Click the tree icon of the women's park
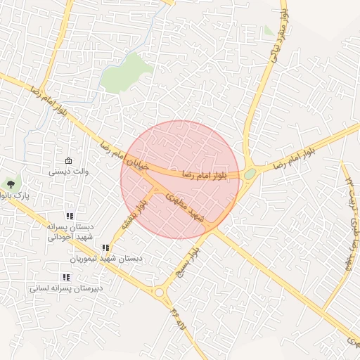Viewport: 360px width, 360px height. click(11, 184)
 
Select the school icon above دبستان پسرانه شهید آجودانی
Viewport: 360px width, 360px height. click(69, 217)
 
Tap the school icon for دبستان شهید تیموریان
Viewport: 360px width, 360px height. click(105, 248)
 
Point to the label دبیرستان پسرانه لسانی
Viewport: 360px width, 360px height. click(66, 288)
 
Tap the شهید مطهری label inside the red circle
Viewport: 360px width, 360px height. click(188, 210)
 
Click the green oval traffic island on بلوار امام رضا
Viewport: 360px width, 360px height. click(250, 174)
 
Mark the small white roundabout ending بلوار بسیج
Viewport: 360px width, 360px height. click(160, 292)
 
